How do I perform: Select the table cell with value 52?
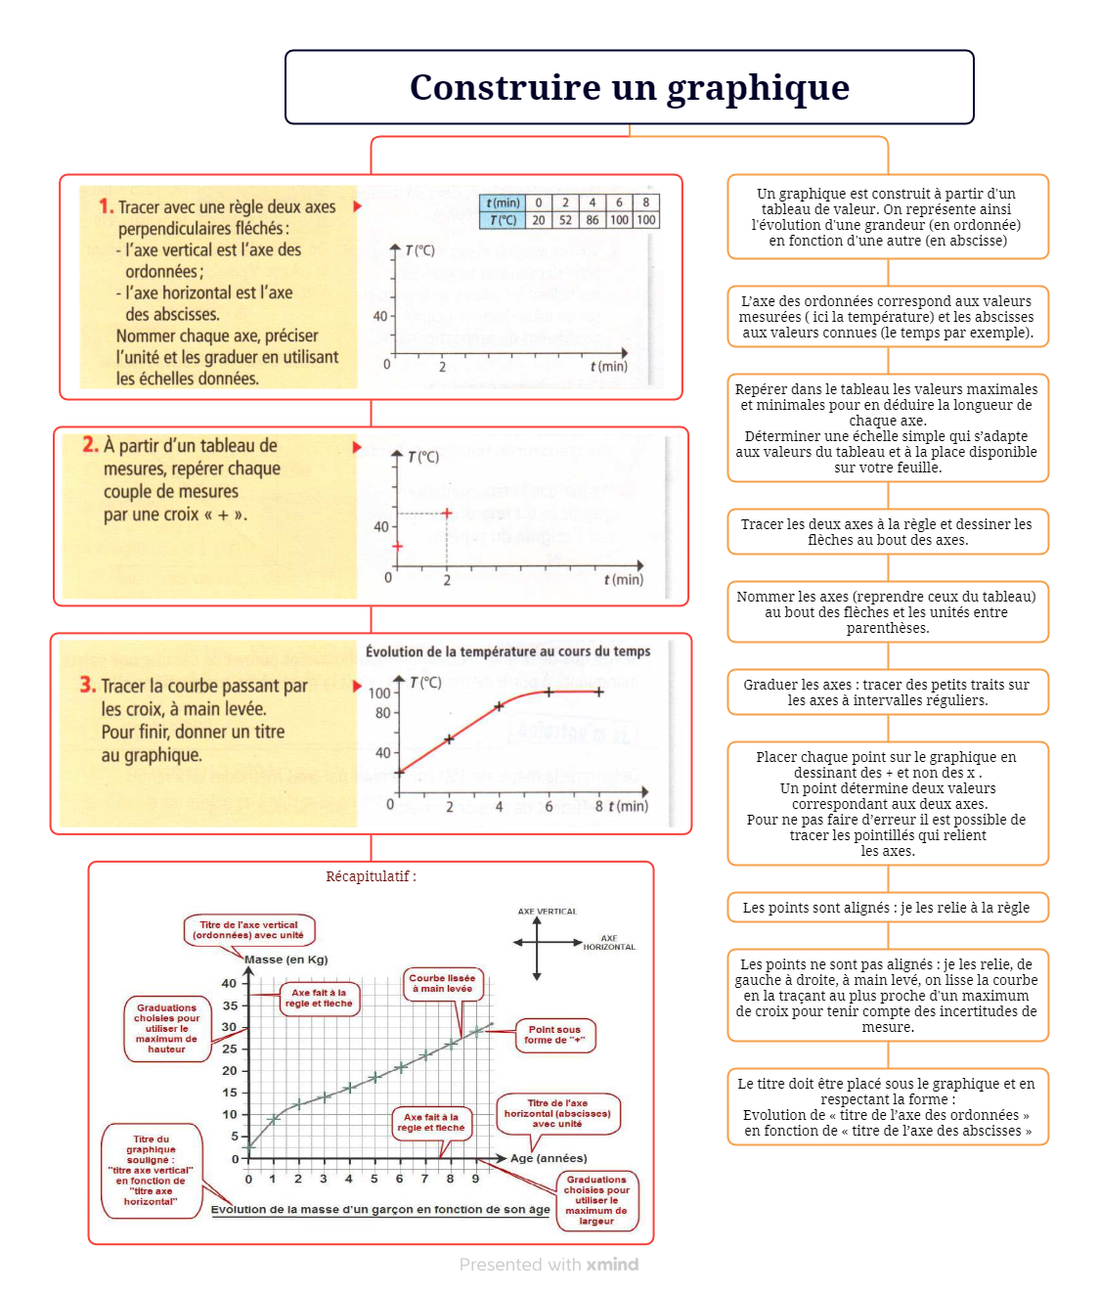(x=565, y=220)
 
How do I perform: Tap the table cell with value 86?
(x=592, y=220)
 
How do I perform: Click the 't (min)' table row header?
(x=503, y=203)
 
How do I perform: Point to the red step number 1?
(x=106, y=206)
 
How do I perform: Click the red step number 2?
(x=90, y=444)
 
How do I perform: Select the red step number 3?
(x=88, y=684)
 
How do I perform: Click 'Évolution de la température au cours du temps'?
(x=507, y=651)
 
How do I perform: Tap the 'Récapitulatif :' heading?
(x=371, y=875)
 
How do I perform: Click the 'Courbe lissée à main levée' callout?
(x=442, y=983)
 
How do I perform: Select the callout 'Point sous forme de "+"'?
(x=554, y=1035)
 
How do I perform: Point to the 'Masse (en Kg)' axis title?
(x=286, y=960)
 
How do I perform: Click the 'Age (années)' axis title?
(x=549, y=1158)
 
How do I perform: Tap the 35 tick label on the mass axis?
(x=230, y=1005)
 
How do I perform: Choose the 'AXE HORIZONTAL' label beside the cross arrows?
(x=609, y=942)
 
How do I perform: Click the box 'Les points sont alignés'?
(x=888, y=908)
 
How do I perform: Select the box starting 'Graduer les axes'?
(x=888, y=692)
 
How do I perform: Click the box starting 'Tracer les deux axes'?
(x=888, y=531)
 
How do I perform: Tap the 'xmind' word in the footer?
(x=612, y=1265)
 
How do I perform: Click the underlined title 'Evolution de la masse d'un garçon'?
(x=380, y=1210)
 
